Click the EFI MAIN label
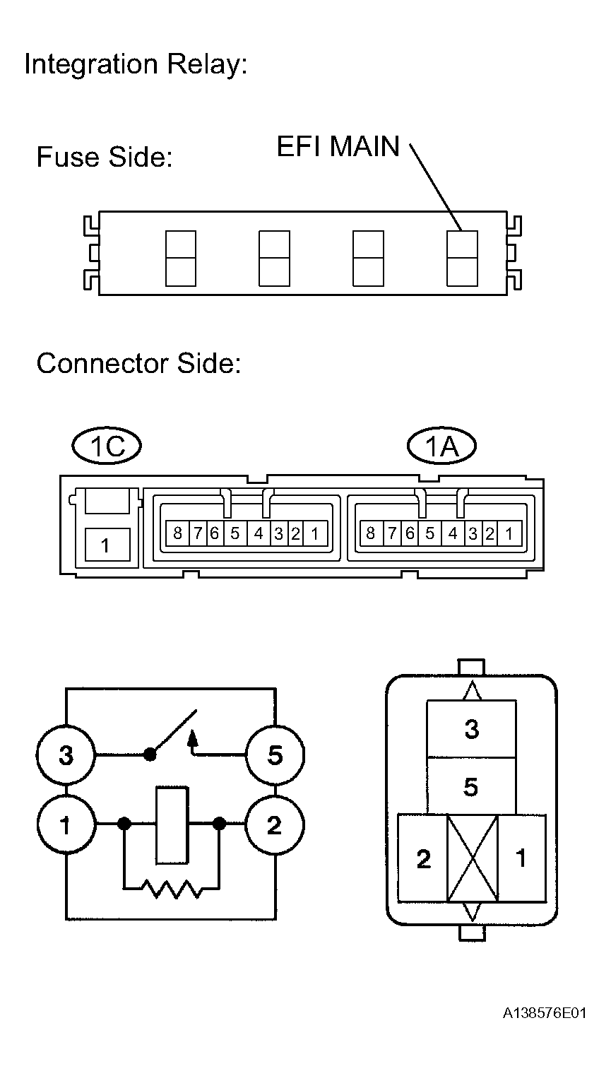coord(338,147)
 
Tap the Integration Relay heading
coord(136,65)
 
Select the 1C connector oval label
coord(107,446)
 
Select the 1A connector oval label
coord(442,446)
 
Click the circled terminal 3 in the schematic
coord(66,755)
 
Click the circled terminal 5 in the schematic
coord(275,755)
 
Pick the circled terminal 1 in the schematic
coord(66,824)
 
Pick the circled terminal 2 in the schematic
coord(275,824)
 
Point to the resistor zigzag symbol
coord(172,888)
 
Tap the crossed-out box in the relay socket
coord(473,858)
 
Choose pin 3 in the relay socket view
coord(471,729)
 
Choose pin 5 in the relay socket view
coord(471,786)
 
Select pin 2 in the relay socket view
coord(423,858)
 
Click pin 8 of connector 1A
coord(370,533)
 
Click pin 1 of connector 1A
coord(509,533)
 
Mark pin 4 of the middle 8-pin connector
coord(259,533)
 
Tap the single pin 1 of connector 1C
coord(106,545)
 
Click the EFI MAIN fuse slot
coord(463,258)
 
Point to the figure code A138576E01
coord(545,1014)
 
